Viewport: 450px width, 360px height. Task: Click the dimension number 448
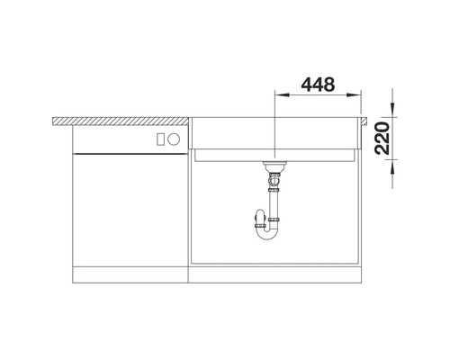pos(318,85)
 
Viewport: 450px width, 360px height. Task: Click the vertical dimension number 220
pos(383,139)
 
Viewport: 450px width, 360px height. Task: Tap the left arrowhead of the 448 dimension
pos(282,95)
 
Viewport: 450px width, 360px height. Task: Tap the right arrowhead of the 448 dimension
pos(354,95)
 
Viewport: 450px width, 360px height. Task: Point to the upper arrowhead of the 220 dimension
pos(392,110)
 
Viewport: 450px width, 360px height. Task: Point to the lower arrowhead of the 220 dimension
pos(392,167)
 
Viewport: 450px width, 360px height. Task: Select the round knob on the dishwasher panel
pos(174,139)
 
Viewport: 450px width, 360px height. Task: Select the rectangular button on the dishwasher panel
pos(160,139)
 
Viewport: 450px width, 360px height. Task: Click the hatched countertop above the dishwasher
pos(121,121)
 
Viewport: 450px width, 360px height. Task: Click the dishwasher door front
pos(130,210)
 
